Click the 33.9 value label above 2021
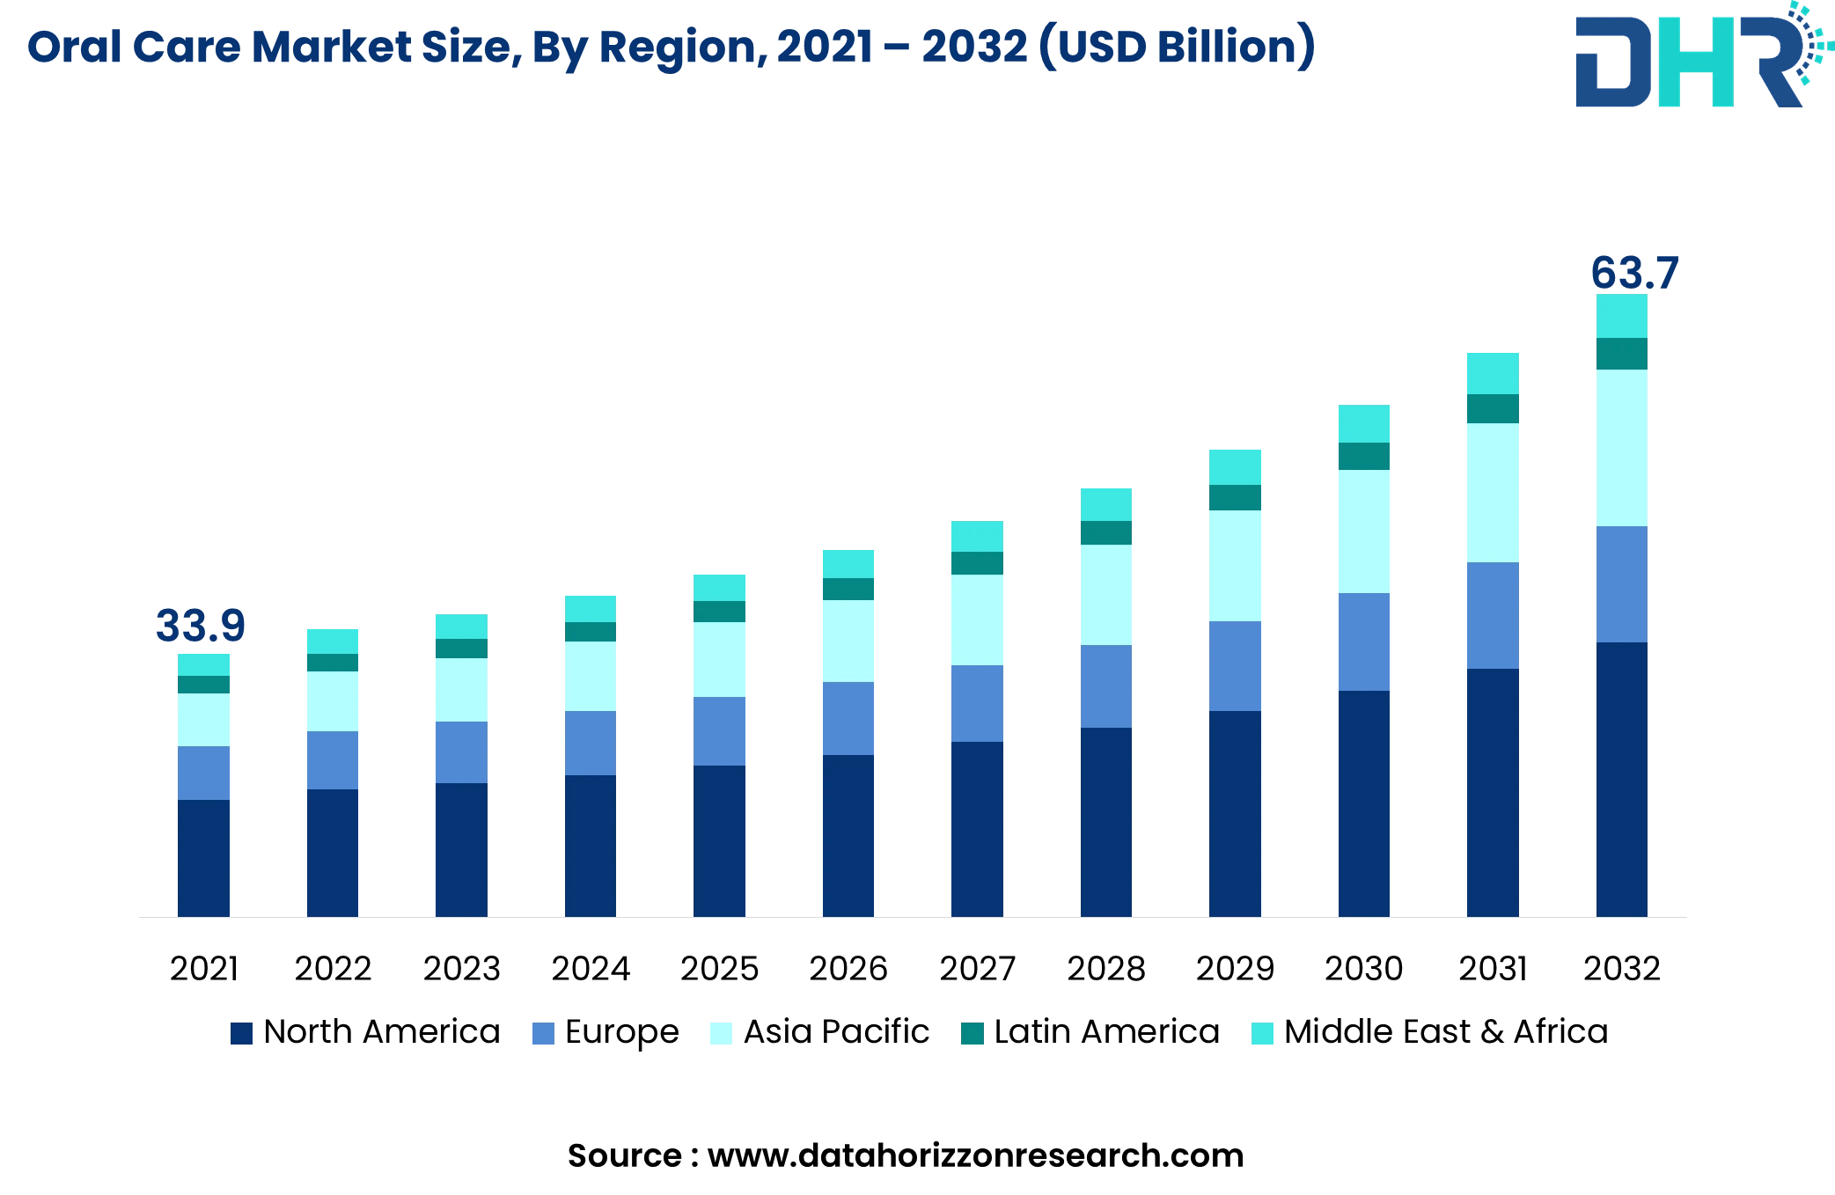(201, 626)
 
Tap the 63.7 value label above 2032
(1634, 273)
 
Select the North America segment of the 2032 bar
(1621, 779)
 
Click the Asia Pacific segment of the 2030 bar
(1363, 531)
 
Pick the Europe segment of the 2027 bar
(977, 703)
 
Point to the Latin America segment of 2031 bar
(1493, 409)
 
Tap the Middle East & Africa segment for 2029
(1235, 467)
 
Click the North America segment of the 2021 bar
(203, 858)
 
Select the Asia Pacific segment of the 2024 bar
(591, 676)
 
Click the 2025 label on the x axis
(719, 969)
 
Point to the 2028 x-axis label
(1105, 969)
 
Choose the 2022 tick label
(333, 969)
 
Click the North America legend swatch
(241, 1033)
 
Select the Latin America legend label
(1106, 1031)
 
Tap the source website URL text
(975, 1155)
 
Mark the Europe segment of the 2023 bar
(461, 752)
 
